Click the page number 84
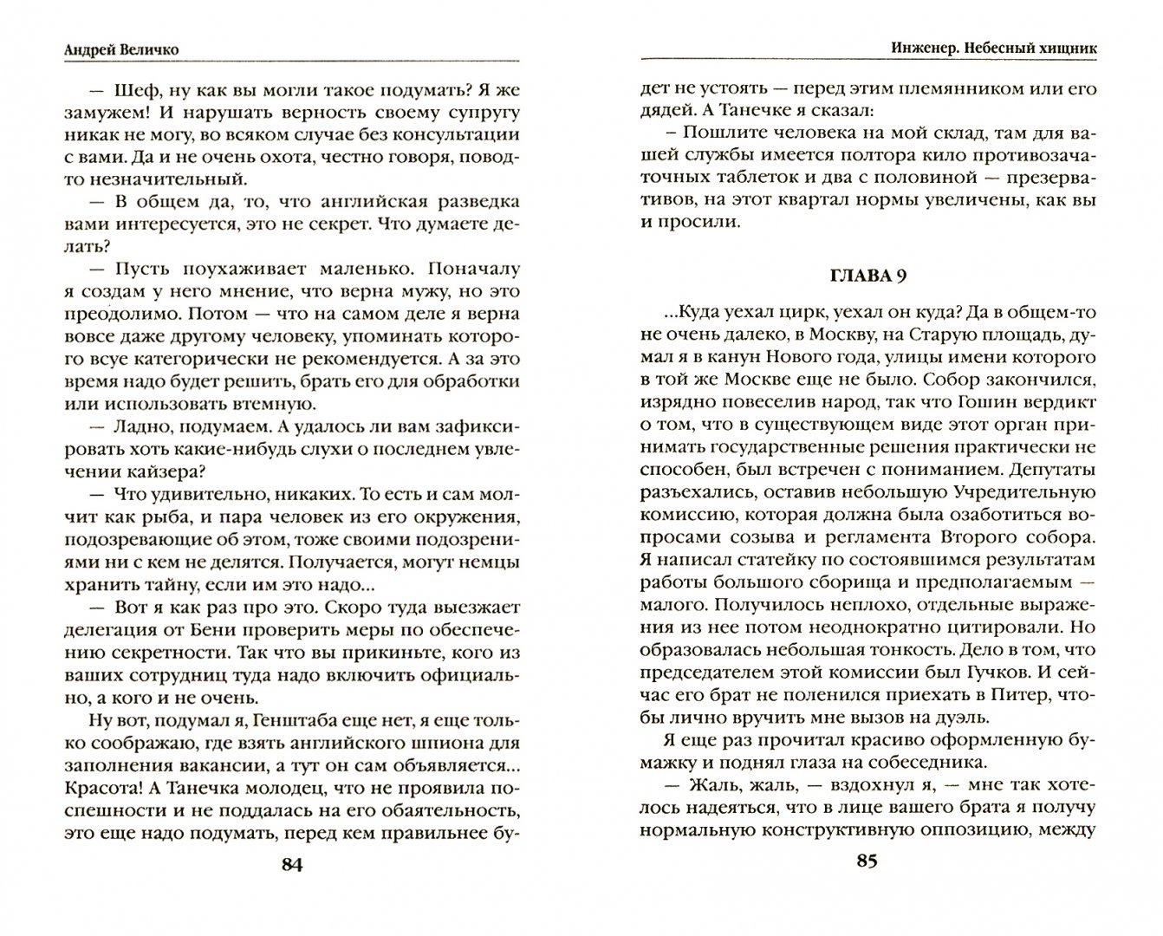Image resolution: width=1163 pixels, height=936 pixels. [x=291, y=865]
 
